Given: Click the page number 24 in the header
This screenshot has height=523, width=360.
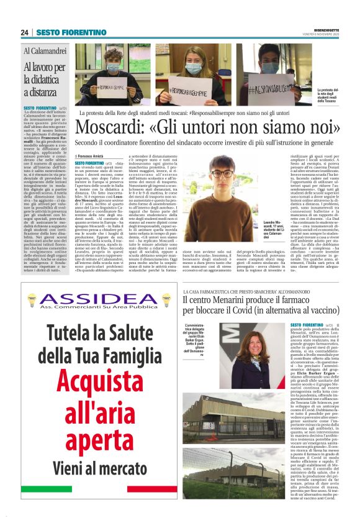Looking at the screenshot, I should pos(25,32).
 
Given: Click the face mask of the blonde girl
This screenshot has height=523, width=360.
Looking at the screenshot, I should pos(194,67).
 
